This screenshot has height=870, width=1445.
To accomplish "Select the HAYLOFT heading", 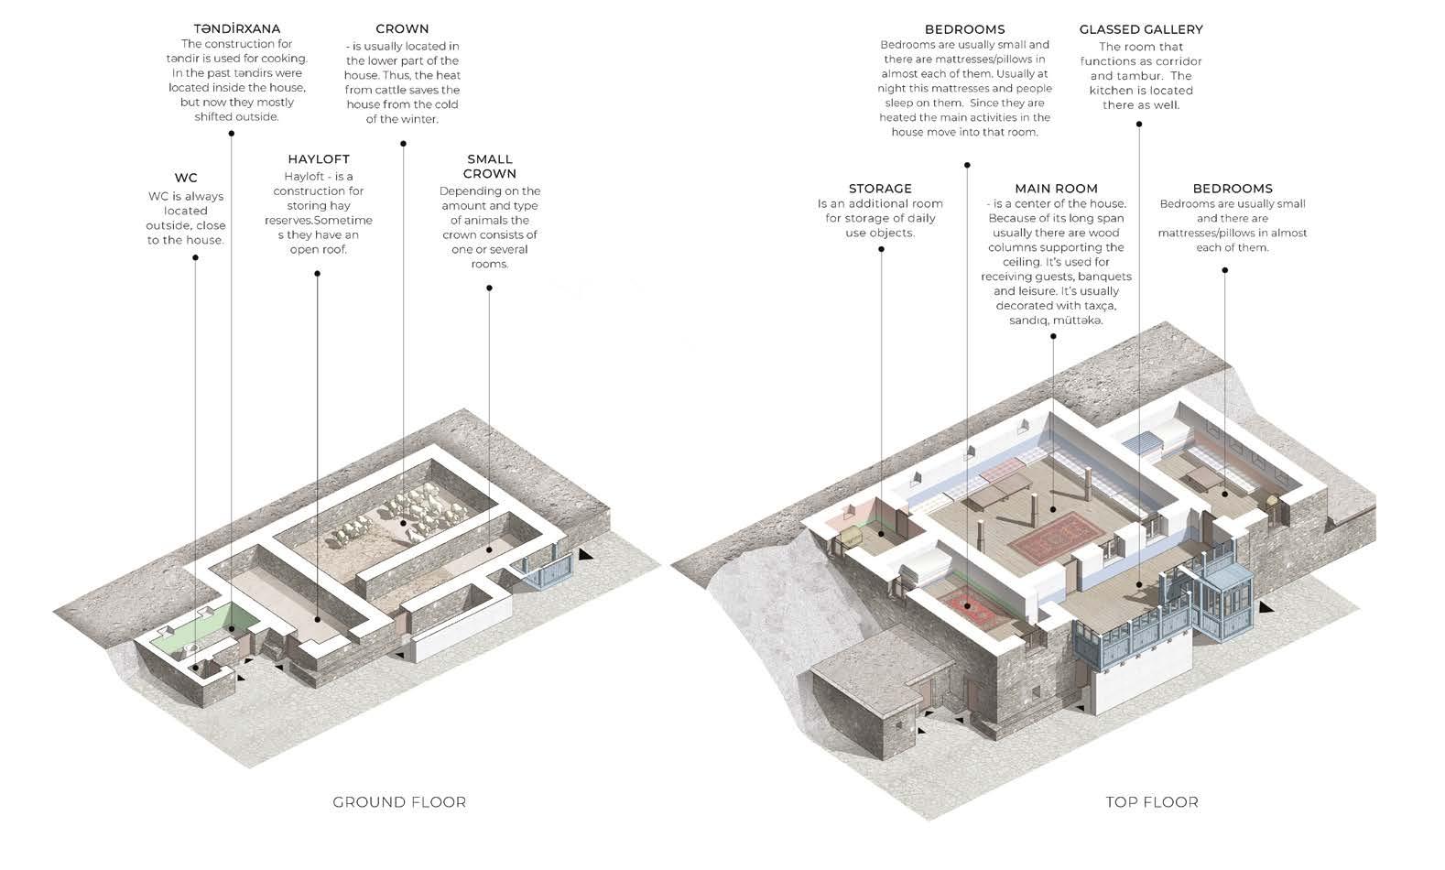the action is [x=319, y=159].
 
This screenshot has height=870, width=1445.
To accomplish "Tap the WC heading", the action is [x=186, y=178].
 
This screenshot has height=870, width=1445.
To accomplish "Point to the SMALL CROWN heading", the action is [x=490, y=166].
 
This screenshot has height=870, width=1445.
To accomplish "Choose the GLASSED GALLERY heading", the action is [x=1141, y=29].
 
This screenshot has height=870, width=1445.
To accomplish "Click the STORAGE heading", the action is [x=880, y=189].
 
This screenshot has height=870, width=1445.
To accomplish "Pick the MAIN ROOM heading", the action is [x=1056, y=189].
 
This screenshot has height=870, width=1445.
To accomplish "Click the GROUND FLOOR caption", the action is [x=399, y=802].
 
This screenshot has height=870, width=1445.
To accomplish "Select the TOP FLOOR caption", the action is [x=1152, y=802].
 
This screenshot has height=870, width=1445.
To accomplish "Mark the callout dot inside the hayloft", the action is [x=318, y=620].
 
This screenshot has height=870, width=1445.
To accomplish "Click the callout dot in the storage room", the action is [x=881, y=534].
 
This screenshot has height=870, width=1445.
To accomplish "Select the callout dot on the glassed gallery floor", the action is [x=1138, y=583].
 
